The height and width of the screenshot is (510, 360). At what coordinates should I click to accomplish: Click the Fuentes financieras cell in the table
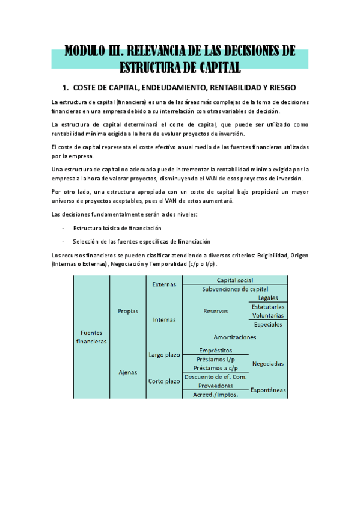[x=91, y=337]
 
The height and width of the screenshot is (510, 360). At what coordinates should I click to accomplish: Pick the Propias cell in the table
[x=128, y=311]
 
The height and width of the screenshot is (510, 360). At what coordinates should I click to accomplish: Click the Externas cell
[x=164, y=284]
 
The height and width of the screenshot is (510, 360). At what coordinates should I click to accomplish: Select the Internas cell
[x=164, y=319]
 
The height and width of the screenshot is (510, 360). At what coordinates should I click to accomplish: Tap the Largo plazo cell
[x=164, y=355]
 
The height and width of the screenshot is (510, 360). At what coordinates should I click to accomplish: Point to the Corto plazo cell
[x=164, y=381]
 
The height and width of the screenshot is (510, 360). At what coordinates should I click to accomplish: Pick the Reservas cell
[x=215, y=311]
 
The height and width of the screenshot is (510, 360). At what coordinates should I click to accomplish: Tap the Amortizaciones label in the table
[x=234, y=337]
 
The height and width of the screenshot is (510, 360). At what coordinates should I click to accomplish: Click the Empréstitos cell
[x=215, y=351]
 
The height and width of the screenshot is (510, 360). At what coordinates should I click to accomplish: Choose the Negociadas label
[x=268, y=363]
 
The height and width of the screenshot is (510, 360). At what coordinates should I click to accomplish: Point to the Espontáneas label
[x=268, y=390]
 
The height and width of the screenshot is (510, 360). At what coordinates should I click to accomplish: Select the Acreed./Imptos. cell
[x=215, y=394]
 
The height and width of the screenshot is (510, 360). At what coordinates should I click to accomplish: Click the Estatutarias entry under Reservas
[x=268, y=307]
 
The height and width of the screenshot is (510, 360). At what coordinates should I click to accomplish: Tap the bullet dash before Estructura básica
[x=64, y=229]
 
